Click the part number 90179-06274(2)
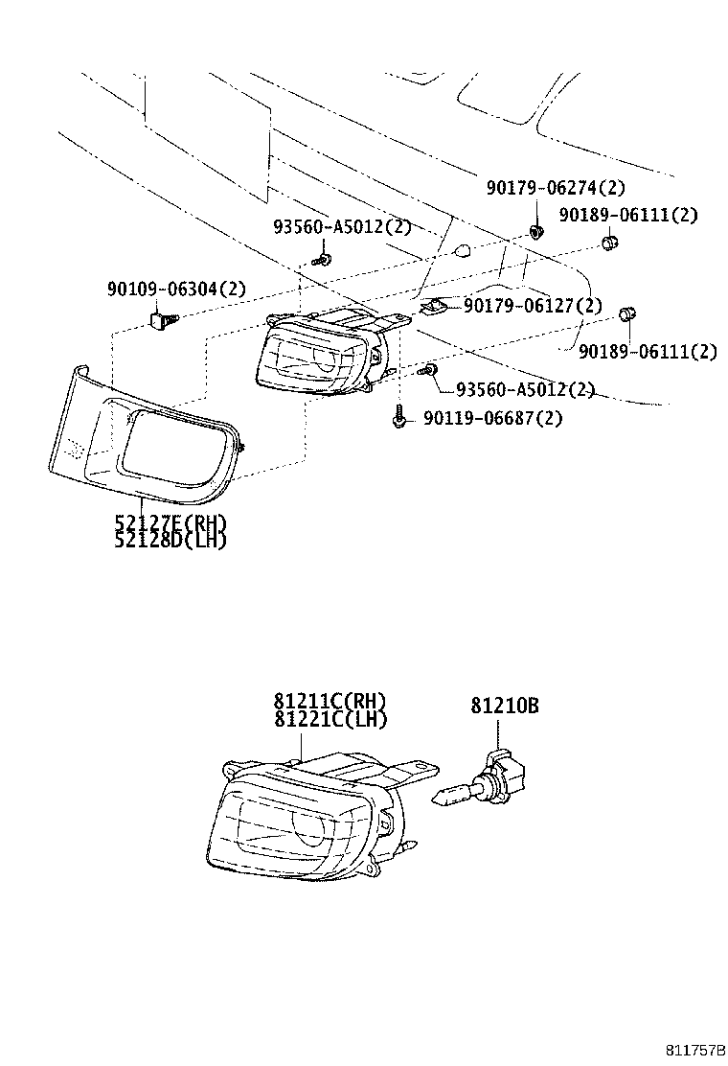point(555,190)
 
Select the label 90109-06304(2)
point(175,288)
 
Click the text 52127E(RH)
point(170,523)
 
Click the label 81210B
point(504,706)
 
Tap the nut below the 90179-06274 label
point(536,232)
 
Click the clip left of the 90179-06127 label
point(434,307)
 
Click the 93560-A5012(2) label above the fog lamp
point(341,227)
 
